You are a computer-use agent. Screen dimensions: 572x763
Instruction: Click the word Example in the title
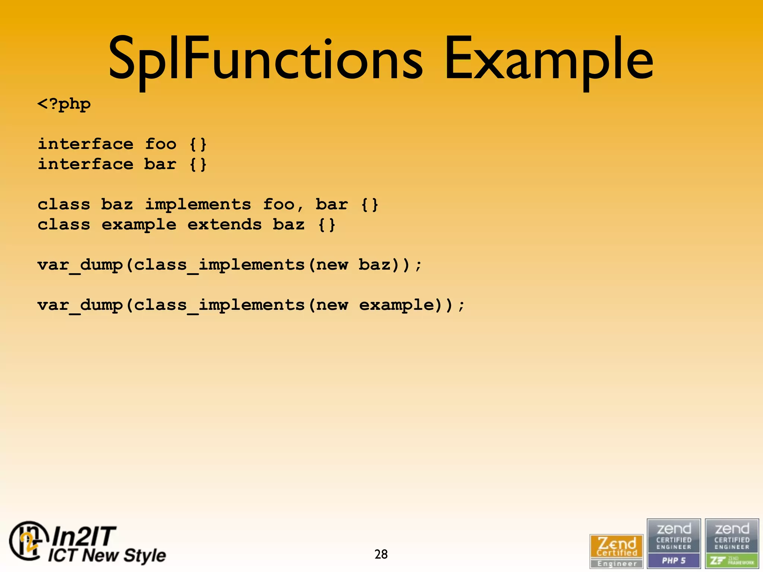tap(548, 60)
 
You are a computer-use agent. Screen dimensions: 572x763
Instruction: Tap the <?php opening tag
tap(64, 104)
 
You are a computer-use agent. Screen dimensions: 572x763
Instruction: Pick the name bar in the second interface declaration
tap(160, 164)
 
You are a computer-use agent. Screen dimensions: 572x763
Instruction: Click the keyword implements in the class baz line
tap(198, 204)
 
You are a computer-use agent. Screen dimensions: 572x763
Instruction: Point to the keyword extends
tap(225, 225)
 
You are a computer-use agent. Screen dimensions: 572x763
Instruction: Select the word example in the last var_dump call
tap(397, 305)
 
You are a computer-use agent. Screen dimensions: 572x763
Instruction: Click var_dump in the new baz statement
tap(80, 265)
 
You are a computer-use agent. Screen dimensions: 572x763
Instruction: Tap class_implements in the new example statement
tap(219, 305)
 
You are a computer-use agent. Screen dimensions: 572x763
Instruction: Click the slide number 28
tap(381, 554)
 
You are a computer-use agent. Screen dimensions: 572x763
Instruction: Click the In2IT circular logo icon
tap(28, 541)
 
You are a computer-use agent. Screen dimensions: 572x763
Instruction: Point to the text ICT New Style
tap(107, 555)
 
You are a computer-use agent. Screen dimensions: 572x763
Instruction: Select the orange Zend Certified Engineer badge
tap(617, 551)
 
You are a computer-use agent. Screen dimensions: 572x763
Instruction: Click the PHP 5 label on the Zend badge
tap(674, 560)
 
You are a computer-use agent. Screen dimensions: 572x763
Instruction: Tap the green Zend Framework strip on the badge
tap(732, 560)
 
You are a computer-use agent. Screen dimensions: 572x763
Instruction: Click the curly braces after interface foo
tap(198, 144)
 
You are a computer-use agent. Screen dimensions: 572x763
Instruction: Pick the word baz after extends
tap(289, 225)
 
